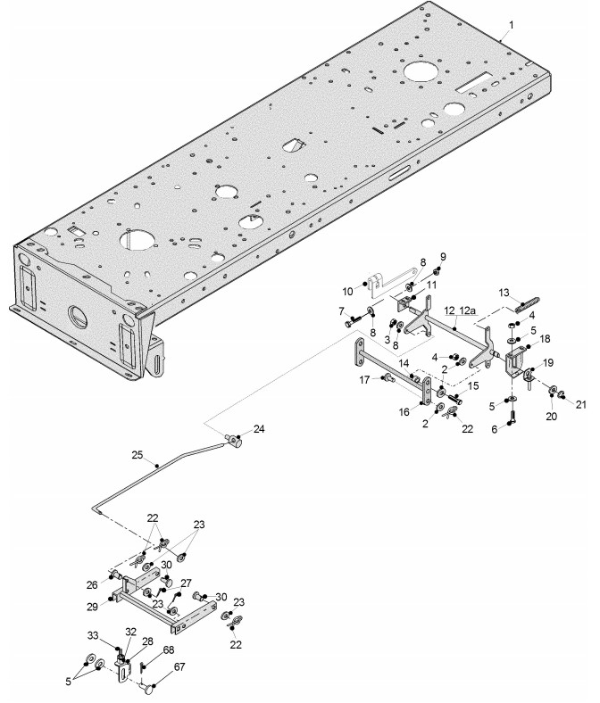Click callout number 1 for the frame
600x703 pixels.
point(511,25)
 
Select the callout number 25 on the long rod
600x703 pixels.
point(137,455)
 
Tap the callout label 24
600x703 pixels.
point(259,429)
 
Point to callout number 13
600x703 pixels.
point(504,293)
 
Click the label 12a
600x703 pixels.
point(466,310)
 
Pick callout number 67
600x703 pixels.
point(179,667)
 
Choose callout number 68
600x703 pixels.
point(168,649)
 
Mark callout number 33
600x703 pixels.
point(93,635)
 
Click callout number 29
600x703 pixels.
point(92,607)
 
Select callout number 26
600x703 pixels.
point(92,585)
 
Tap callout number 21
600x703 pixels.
point(580,404)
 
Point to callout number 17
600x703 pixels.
point(364,380)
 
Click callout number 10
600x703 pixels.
point(348,292)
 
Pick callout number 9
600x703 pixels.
point(443,257)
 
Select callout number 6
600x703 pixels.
point(495,429)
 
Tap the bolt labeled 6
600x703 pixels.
point(512,417)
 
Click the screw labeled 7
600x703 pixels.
point(353,320)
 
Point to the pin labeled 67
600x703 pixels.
point(146,686)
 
